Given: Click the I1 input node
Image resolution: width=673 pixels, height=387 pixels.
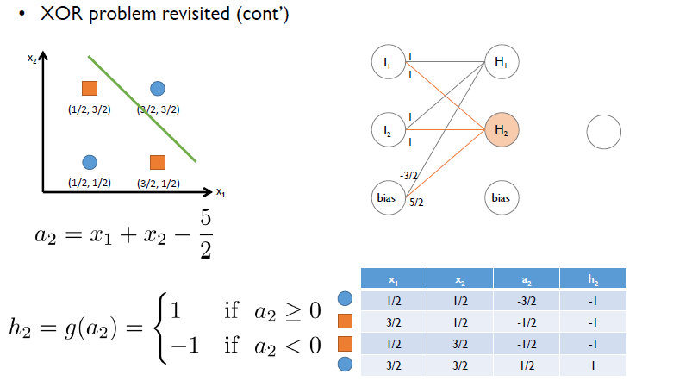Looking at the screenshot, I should (386, 62).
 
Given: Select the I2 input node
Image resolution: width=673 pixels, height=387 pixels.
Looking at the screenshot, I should (386, 131).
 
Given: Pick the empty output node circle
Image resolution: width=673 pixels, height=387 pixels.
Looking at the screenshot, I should (603, 132).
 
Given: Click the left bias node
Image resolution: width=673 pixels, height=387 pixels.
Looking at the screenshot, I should (386, 197).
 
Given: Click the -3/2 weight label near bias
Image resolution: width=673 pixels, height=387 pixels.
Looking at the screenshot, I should (408, 175).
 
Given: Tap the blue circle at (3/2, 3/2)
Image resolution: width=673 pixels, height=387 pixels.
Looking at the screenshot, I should (157, 88).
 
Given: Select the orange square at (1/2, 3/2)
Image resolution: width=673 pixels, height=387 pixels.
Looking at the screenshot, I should (89, 88).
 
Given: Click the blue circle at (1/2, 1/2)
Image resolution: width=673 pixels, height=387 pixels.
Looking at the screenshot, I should (89, 162).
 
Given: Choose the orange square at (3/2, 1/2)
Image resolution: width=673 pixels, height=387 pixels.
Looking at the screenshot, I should (157, 162).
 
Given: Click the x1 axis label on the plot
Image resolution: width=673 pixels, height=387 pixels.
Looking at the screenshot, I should (221, 193).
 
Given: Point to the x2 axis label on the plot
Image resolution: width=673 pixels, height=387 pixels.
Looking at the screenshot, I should (32, 59).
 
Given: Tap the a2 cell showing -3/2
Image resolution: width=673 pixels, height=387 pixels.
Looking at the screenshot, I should (527, 300).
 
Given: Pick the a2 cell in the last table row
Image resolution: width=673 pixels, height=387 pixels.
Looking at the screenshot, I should (527, 364).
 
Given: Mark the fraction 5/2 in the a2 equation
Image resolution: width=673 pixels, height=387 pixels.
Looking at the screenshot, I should (203, 231).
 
